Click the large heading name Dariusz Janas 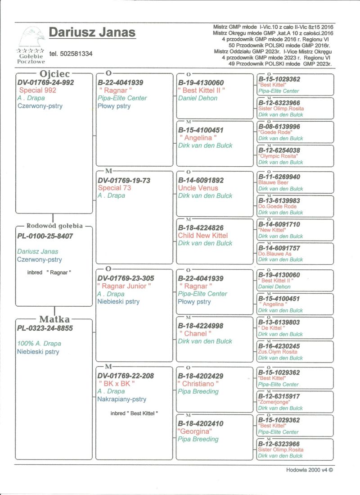pos(92,33)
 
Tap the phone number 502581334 pos(71,54)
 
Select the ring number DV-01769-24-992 pos(45,82)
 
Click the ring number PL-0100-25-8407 pos(45,236)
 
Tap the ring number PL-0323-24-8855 pos(45,328)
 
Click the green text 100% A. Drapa pos(39,344)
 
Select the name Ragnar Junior pos(124,286)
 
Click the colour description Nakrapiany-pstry pos(121,399)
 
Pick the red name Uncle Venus pos(198,188)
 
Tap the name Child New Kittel pos(203,236)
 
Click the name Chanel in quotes pos(196,334)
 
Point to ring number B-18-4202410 pos(201,423)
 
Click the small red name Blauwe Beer pos(273,183)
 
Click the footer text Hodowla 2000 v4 pos(310,470)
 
